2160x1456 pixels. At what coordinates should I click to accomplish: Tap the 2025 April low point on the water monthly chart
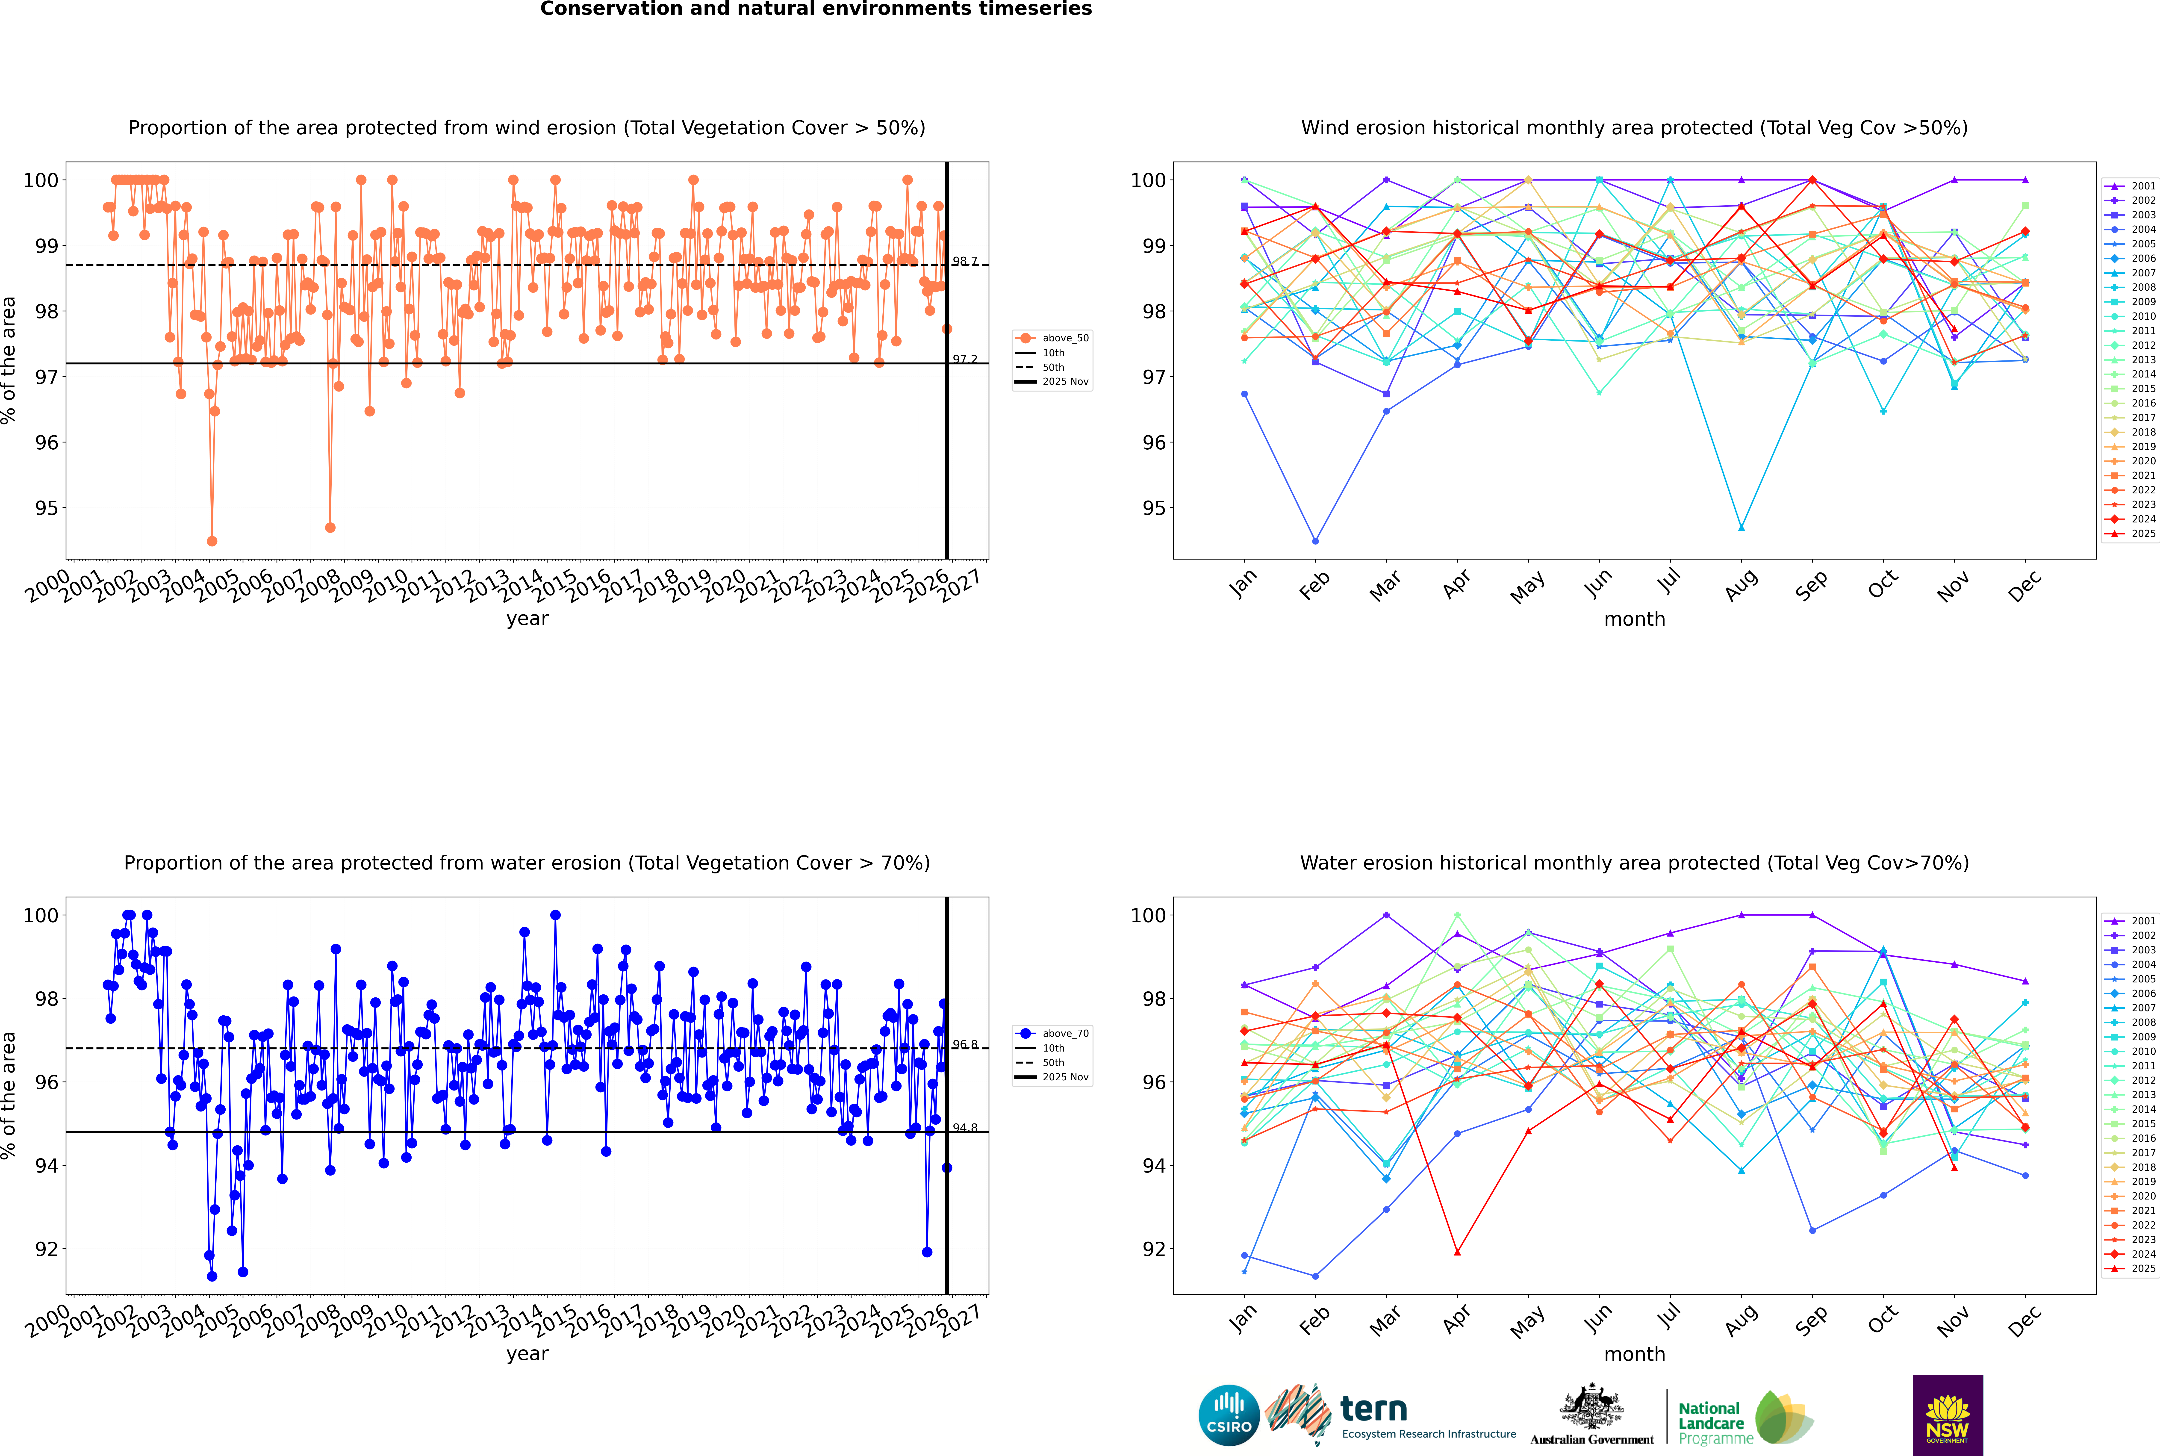click(x=1457, y=1252)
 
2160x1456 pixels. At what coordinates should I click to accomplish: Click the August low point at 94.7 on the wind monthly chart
click(x=1741, y=528)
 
